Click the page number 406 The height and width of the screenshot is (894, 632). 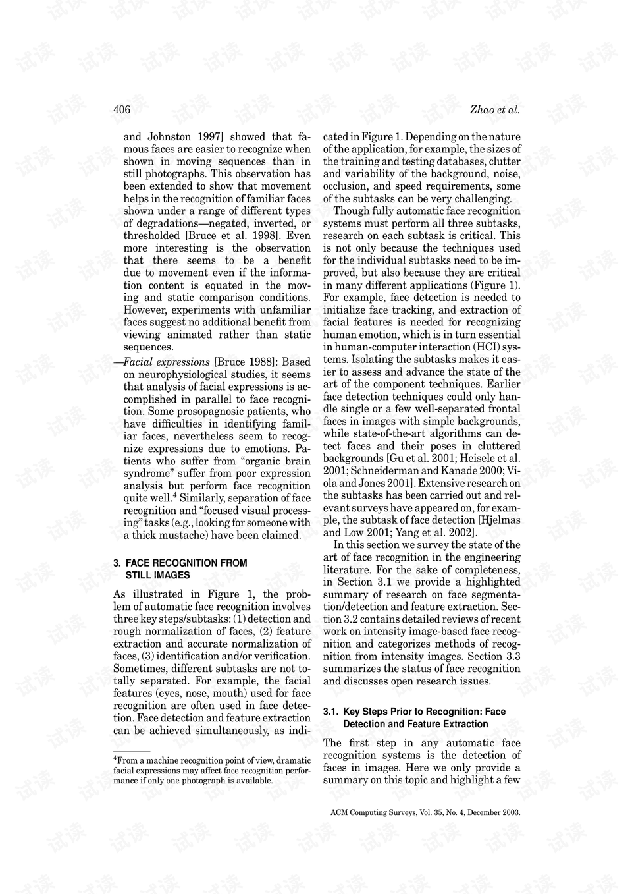[122, 110]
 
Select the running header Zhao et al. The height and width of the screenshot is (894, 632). [495, 110]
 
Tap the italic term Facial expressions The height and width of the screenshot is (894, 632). [167, 362]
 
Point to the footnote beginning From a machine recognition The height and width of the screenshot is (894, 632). [211, 770]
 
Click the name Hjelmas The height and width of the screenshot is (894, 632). [500, 520]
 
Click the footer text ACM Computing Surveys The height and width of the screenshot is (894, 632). [373, 813]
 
